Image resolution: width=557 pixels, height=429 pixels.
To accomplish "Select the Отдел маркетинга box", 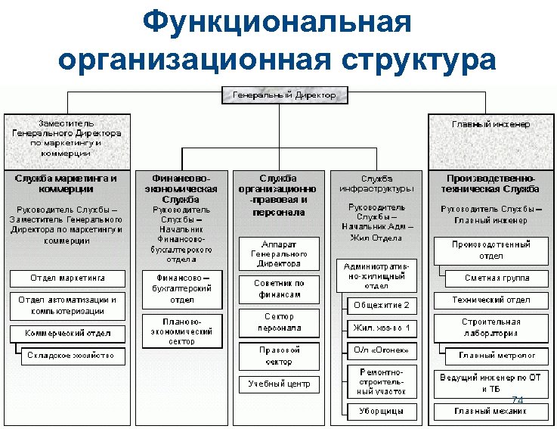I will coord(67,278).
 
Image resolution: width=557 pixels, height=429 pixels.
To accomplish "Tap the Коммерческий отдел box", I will coord(67,333).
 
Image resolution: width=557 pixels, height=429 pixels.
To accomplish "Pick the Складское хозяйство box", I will coord(70,355).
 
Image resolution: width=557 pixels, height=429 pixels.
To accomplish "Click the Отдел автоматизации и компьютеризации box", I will coord(67,305).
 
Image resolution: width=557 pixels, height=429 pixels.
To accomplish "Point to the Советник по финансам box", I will coord(279,288).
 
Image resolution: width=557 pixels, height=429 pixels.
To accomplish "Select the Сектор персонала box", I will coord(279,322).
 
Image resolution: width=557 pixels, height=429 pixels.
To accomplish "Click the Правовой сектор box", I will coord(279,356).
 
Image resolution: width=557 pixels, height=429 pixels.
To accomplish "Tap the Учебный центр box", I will coord(279,384).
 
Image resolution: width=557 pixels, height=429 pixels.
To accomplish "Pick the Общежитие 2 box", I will coord(382,305).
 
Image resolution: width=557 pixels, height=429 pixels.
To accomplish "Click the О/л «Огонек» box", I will coord(382,350).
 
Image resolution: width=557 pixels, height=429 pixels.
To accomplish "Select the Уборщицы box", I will coord(382,412).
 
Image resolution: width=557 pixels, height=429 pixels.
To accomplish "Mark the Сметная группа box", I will coord(497,278).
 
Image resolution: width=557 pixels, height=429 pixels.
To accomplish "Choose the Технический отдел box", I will coord(490,300).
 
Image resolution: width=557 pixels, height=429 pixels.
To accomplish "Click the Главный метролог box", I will coord(497,355).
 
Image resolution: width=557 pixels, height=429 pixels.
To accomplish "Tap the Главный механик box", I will coord(490,412).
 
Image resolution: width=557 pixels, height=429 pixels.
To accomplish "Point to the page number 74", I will coord(518,400).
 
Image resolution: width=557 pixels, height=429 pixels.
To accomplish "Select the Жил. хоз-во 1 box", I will coord(382,328).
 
